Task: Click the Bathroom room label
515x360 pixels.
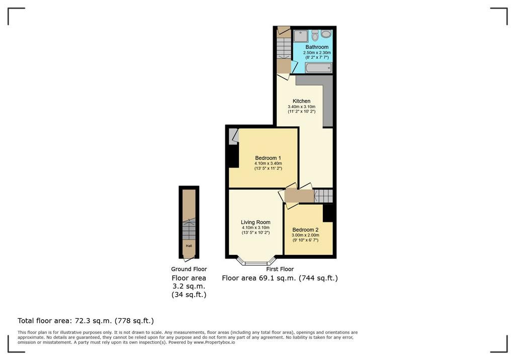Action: click(x=317, y=47)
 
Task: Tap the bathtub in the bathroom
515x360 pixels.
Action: click(x=318, y=68)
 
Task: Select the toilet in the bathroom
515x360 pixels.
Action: click(x=315, y=35)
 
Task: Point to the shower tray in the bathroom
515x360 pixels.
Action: click(x=301, y=36)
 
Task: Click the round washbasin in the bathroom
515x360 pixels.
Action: click(x=326, y=34)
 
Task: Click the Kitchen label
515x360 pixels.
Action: click(x=302, y=101)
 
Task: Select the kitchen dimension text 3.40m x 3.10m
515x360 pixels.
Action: click(x=302, y=107)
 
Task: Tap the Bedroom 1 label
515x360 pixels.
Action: click(x=268, y=158)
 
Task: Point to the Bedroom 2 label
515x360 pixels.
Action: click(x=305, y=230)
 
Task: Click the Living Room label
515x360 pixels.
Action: click(x=255, y=222)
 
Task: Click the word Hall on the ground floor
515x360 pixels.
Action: click(x=189, y=246)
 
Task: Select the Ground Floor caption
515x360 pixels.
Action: click(x=189, y=269)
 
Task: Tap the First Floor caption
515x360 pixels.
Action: click(x=280, y=269)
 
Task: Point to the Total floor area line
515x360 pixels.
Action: click(x=85, y=321)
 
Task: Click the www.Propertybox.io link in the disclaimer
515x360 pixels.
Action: click(x=214, y=342)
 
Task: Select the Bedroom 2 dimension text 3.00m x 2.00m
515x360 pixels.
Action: click(x=305, y=235)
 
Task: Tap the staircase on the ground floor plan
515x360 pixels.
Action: click(x=189, y=229)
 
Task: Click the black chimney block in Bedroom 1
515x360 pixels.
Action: click(x=233, y=156)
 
